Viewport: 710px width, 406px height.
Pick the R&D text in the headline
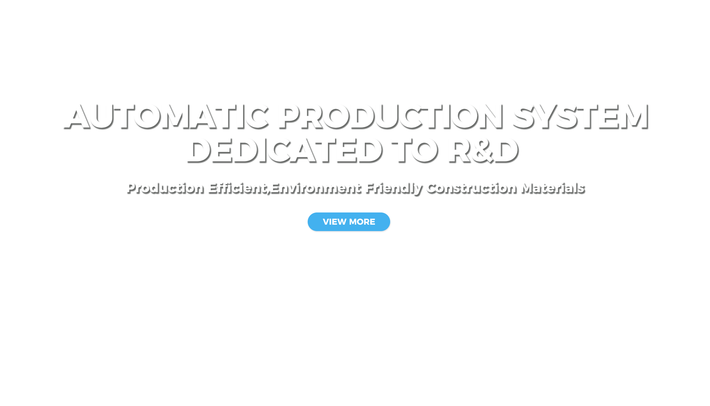pos(483,150)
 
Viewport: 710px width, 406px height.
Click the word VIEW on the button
pos(334,222)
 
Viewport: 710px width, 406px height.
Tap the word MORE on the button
pos(362,222)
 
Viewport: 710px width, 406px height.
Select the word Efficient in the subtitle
pos(239,188)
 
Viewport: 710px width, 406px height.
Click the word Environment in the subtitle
pos(316,188)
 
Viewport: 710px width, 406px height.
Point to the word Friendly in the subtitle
pos(394,188)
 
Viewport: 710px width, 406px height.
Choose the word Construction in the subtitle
pos(472,188)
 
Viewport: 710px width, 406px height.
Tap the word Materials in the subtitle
pos(553,188)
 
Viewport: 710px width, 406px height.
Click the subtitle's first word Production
pos(165,188)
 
